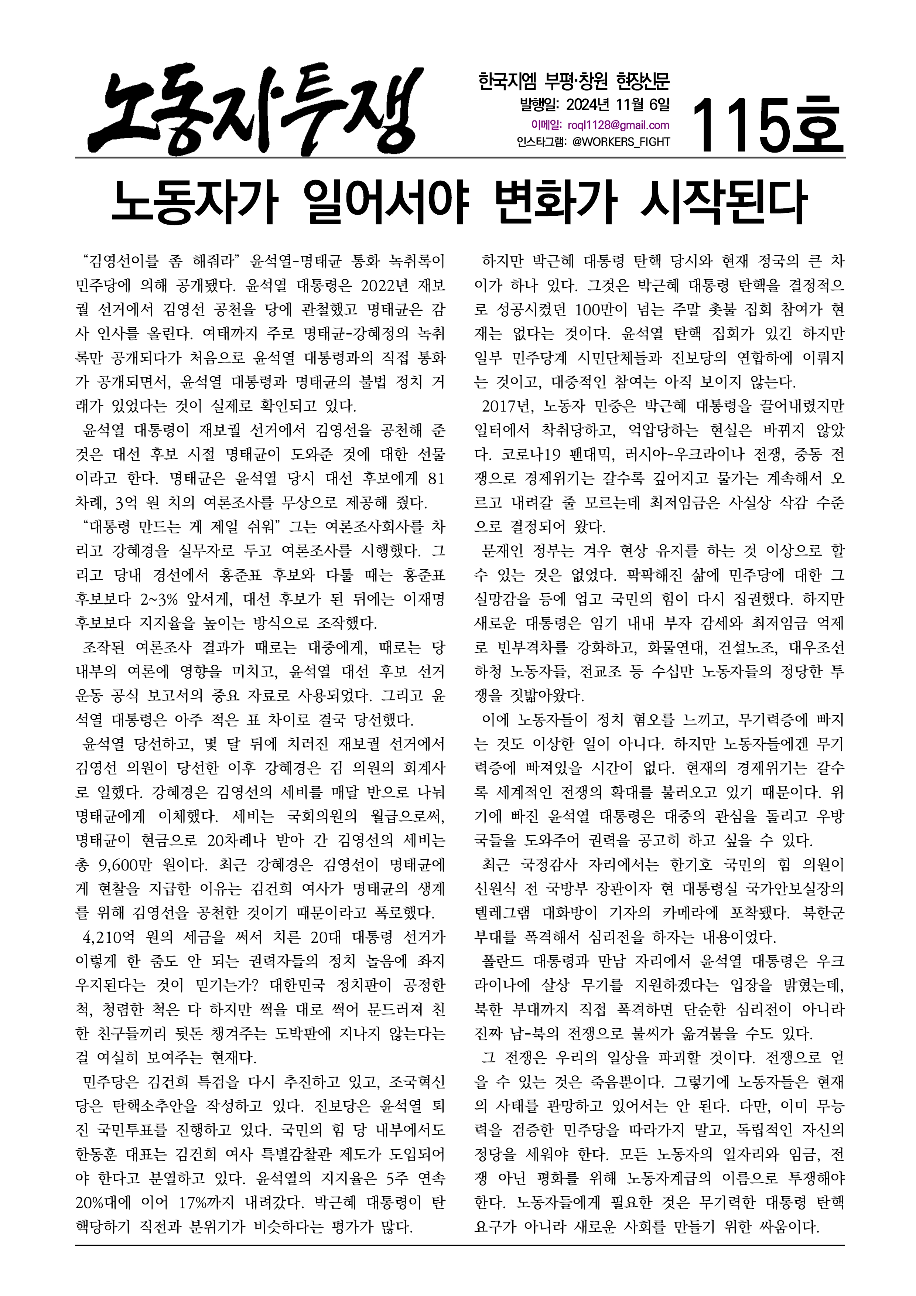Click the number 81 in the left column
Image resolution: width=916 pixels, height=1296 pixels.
point(436,479)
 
